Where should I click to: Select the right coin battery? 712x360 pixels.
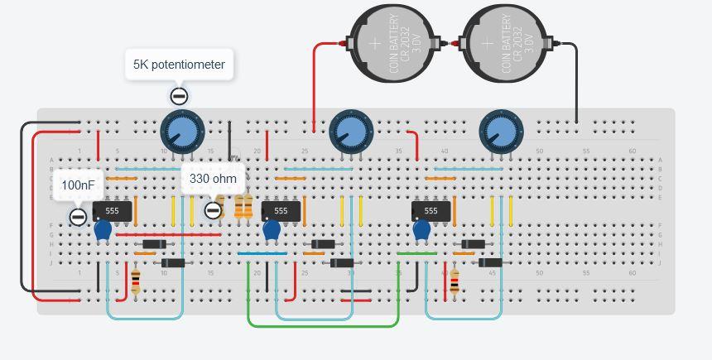coord(504,44)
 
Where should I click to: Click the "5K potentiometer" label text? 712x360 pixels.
coord(179,65)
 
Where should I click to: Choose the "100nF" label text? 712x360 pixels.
coord(78,185)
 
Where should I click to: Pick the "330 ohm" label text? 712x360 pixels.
coord(213,178)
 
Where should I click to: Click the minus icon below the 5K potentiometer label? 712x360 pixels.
coord(178,95)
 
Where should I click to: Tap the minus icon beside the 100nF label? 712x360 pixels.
coord(78,217)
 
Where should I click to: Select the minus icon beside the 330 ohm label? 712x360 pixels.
coord(213,210)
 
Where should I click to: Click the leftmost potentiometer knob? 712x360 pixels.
coord(181,131)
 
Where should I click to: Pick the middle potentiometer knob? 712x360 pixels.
coord(351,131)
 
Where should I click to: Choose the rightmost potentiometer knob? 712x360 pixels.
coord(501,131)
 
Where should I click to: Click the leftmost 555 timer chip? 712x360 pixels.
coord(112,211)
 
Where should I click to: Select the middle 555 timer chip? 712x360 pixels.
coord(281,211)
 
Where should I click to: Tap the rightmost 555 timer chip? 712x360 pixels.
coord(431,211)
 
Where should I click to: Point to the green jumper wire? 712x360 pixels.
coord(323,325)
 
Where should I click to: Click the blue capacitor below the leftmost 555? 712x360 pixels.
coord(103,231)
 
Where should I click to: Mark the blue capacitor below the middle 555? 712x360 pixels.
coord(272,231)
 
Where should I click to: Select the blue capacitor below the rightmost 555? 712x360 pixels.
coord(421,230)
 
